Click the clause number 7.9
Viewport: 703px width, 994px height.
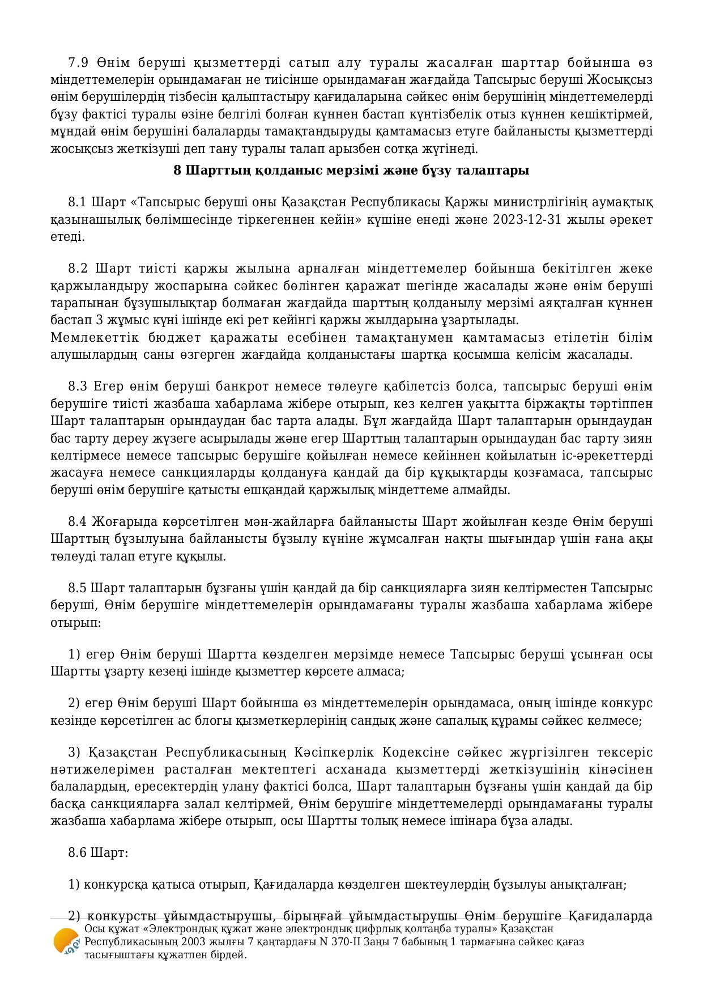[78, 62]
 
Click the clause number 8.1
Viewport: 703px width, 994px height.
[78, 202]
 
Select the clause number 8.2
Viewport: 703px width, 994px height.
[78, 268]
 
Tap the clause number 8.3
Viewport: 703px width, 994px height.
[78, 386]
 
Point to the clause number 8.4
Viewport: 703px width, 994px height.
[78, 521]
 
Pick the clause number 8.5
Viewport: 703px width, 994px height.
[78, 588]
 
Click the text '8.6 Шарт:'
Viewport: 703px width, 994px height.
[98, 852]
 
